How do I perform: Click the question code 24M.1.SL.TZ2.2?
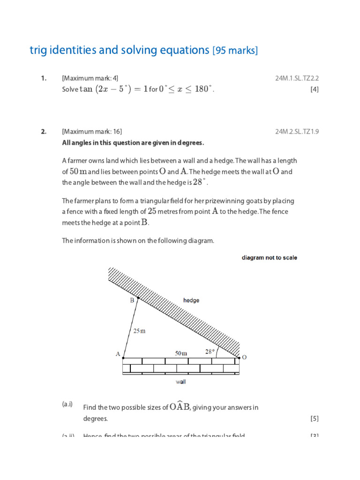coord(297,78)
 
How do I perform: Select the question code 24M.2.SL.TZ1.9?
coord(297,132)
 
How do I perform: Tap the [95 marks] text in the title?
coord(235,51)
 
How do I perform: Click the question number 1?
coord(43,78)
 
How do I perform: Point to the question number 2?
coord(43,132)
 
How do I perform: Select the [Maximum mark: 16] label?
coord(92,132)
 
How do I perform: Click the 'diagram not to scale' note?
coord(269,257)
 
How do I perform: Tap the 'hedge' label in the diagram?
coord(191,300)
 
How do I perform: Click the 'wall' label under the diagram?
coord(180,382)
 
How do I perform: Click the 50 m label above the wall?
coord(181,353)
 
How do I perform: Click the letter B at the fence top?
coord(132,300)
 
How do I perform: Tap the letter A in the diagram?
coord(118,354)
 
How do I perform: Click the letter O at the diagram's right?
coord(244,357)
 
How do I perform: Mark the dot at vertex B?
coord(137,298)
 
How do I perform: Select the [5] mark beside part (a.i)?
coord(314,419)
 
